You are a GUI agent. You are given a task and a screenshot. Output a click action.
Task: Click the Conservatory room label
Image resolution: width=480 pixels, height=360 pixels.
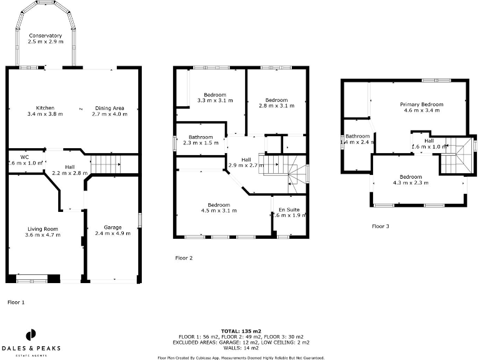(x=45, y=39)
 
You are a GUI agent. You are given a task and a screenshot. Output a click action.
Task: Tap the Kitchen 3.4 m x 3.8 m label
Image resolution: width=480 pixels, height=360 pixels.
(x=45, y=111)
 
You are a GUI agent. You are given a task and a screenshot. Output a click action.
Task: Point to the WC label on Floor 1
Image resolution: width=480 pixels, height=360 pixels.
(x=25, y=160)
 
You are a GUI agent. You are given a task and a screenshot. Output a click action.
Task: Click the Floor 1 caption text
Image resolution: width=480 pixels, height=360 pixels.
(x=16, y=302)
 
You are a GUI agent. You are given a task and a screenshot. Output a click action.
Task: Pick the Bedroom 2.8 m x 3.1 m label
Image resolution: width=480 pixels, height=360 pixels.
(x=276, y=103)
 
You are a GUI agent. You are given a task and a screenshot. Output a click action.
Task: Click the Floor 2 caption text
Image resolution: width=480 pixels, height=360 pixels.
(x=184, y=257)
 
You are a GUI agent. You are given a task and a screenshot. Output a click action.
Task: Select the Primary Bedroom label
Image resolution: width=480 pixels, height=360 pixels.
(x=422, y=107)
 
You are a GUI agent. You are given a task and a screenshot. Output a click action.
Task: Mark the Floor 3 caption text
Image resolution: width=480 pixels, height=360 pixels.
(x=381, y=226)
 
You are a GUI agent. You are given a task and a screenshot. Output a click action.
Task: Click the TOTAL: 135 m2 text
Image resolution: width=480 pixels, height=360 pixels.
(x=239, y=330)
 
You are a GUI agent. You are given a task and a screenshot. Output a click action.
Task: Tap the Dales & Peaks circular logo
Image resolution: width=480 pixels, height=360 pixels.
(x=29, y=335)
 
